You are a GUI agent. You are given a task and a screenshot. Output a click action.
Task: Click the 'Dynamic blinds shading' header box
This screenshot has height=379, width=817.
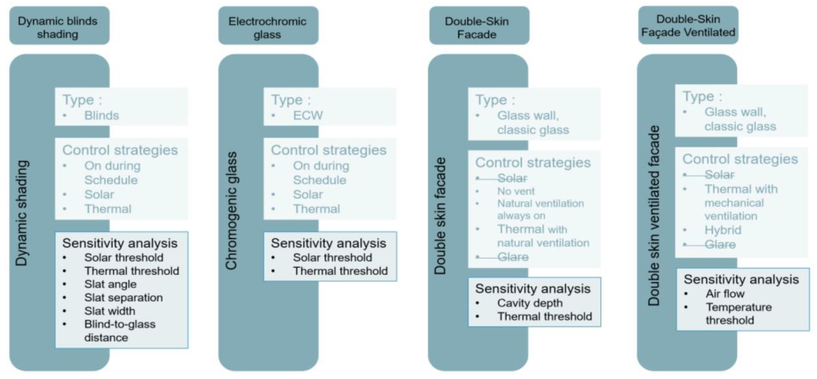tap(59, 25)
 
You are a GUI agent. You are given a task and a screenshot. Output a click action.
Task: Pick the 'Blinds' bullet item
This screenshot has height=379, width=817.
tap(101, 115)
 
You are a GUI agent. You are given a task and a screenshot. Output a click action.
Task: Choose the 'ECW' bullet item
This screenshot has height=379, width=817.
tap(308, 115)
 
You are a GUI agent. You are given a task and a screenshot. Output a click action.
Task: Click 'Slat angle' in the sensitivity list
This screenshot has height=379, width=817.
tap(110, 284)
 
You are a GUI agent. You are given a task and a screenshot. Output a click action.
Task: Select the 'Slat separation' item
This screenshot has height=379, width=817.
tap(123, 297)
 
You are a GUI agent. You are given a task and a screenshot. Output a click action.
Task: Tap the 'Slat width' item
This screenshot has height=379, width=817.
tap(109, 311)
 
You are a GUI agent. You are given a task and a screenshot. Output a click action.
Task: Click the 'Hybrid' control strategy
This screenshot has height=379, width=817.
tap(723, 230)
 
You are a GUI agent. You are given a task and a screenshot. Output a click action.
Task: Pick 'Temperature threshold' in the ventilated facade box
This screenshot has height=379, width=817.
tap(738, 314)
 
